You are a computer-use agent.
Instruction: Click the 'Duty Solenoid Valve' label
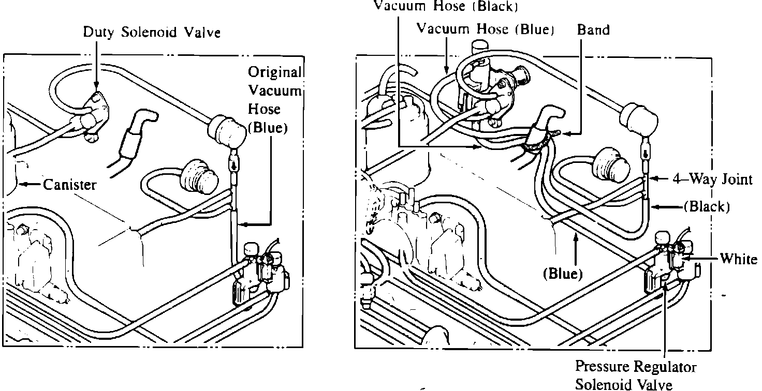[152, 33]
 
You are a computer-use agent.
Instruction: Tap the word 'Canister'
[69, 185]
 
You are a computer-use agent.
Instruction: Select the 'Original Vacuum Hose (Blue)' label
[274, 100]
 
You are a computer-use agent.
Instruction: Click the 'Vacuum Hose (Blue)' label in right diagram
[486, 29]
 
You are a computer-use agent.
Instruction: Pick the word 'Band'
[593, 29]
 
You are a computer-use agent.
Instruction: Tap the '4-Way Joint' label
[712, 179]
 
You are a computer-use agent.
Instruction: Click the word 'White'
[739, 259]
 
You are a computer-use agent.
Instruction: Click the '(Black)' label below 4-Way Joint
[707, 207]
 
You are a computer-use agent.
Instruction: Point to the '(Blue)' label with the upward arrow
[563, 274]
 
